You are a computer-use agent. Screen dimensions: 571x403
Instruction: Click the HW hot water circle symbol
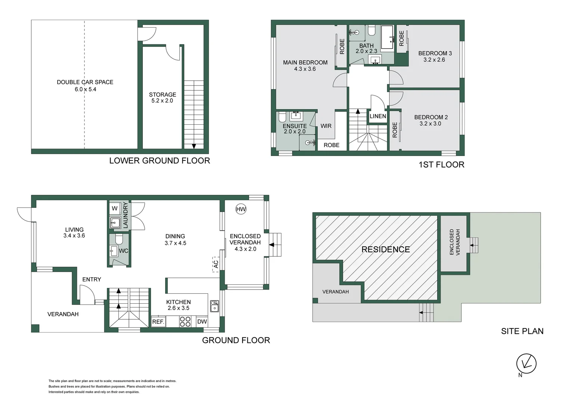tap(241, 209)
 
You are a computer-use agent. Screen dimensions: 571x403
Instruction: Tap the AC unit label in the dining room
tap(216, 264)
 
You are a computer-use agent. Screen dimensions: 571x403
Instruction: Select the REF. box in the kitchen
tap(158, 322)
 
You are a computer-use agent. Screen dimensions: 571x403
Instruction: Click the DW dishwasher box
tap(202, 322)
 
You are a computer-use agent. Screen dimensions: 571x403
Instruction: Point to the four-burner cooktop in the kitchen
tap(185, 322)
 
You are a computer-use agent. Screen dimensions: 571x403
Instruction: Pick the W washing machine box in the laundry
tap(115, 209)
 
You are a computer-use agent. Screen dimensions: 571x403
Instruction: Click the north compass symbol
tap(526, 364)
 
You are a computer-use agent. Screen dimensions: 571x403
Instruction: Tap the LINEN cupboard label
tap(378, 116)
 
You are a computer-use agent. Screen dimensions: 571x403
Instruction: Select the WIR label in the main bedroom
tap(326, 126)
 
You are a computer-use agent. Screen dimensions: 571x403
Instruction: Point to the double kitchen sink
tap(214, 306)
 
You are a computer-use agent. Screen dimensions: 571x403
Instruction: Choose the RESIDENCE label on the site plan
tap(386, 249)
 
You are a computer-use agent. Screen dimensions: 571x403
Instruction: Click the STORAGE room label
tap(163, 94)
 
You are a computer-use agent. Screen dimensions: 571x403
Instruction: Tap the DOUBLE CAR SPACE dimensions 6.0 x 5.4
tap(86, 89)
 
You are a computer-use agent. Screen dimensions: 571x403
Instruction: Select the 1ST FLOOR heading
tap(441, 165)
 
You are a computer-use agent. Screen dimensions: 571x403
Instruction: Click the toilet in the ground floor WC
tap(119, 239)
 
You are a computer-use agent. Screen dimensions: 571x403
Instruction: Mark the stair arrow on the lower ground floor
tap(194, 146)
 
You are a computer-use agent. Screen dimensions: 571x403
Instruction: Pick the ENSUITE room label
tap(295, 126)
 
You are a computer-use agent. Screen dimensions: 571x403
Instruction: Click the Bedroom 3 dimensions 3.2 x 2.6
tap(434, 60)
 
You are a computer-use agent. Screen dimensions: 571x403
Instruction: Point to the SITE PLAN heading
tap(522, 331)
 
